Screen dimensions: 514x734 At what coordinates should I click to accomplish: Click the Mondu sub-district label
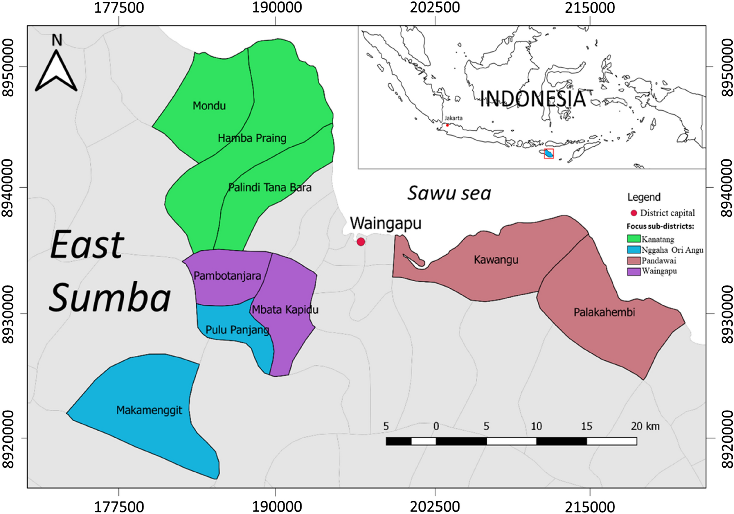click(x=209, y=106)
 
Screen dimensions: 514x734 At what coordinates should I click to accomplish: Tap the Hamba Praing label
click(x=252, y=138)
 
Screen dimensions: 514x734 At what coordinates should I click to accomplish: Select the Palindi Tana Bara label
click(x=270, y=188)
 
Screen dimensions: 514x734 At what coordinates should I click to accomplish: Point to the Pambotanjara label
click(x=227, y=276)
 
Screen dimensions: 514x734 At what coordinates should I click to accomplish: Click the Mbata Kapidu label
click(x=285, y=310)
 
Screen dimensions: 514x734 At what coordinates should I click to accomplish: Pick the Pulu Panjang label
click(x=237, y=330)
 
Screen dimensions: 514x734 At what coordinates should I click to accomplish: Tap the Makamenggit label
click(x=149, y=410)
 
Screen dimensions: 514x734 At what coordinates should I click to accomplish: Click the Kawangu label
click(x=496, y=260)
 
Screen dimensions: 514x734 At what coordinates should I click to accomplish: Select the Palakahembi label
click(x=604, y=312)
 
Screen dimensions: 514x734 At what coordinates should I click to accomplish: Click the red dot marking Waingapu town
click(x=361, y=242)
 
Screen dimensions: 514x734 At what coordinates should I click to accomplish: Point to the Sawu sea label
click(x=449, y=193)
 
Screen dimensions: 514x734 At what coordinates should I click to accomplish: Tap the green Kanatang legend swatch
click(x=633, y=239)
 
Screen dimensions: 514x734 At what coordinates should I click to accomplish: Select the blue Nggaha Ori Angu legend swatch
click(x=633, y=250)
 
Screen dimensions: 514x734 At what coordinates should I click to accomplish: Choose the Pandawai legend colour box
click(x=633, y=261)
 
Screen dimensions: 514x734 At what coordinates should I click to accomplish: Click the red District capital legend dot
click(x=634, y=213)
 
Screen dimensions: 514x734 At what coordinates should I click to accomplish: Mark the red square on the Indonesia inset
click(x=549, y=154)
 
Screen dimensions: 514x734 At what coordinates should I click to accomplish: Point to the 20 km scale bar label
click(x=645, y=426)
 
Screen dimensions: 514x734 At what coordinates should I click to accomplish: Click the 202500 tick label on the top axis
click(x=435, y=7)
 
